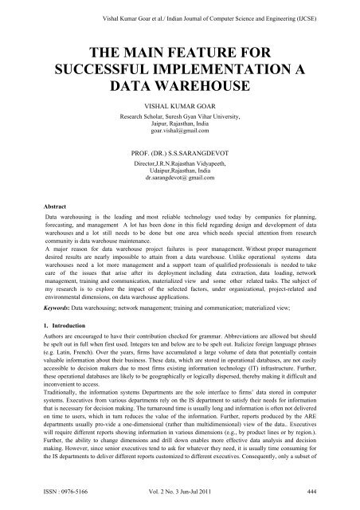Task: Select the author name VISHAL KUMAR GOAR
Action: click(180, 104)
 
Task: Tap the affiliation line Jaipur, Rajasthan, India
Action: click(180, 129)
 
